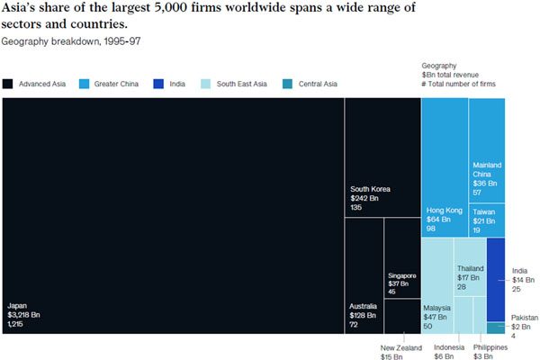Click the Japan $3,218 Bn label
coord(23,316)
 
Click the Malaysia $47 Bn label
coord(437,316)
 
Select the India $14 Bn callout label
coord(522,281)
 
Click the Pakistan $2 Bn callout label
coord(525,327)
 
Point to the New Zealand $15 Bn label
coord(400,352)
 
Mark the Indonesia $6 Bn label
coord(449,352)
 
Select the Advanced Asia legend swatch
coord(7,84)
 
